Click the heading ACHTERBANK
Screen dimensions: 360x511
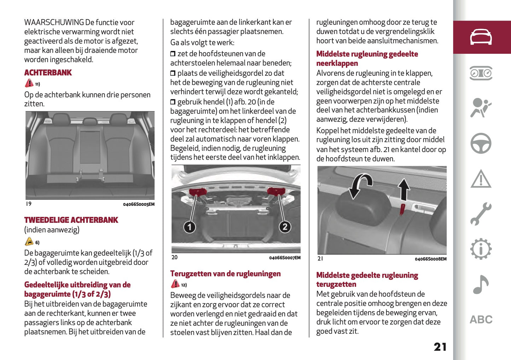(x=48, y=73)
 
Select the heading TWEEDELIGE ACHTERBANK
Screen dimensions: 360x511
(x=71, y=220)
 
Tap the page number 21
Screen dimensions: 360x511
(x=440, y=347)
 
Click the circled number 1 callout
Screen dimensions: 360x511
(x=190, y=227)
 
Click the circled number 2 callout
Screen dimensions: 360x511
(x=285, y=227)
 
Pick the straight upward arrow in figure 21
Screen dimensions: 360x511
(x=403, y=190)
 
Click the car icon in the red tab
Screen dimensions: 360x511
(x=481, y=37)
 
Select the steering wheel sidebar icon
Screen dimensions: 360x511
(x=481, y=143)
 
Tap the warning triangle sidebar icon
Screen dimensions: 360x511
(x=481, y=179)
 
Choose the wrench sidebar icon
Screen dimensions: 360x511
(x=481, y=214)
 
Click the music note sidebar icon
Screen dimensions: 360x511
(x=481, y=285)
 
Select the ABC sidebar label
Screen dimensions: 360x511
(x=481, y=320)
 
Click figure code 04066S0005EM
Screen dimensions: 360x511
(x=139, y=204)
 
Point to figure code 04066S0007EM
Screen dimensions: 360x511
(x=285, y=258)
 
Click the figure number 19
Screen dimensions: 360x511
(x=29, y=204)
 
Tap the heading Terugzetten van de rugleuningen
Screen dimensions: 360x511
(x=225, y=274)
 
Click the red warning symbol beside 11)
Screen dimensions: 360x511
(x=29, y=83)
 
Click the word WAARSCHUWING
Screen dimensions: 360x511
(x=54, y=22)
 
